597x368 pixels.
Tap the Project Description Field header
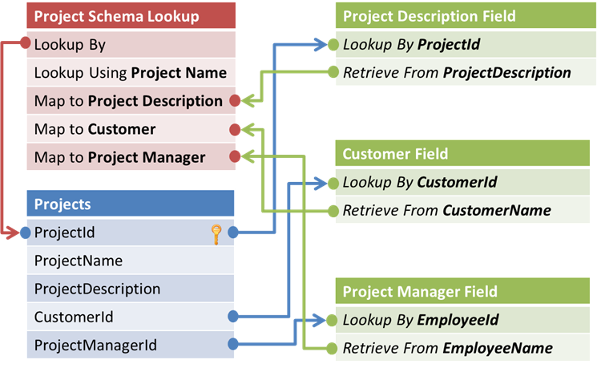point(465,16)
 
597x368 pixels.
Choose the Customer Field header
point(465,154)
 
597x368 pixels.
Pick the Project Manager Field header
point(465,292)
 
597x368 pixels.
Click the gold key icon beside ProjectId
point(216,233)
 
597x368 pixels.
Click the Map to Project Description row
point(128,101)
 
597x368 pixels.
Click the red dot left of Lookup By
point(28,45)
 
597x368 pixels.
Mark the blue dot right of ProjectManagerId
point(233,346)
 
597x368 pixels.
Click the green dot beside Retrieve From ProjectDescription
point(334,73)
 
